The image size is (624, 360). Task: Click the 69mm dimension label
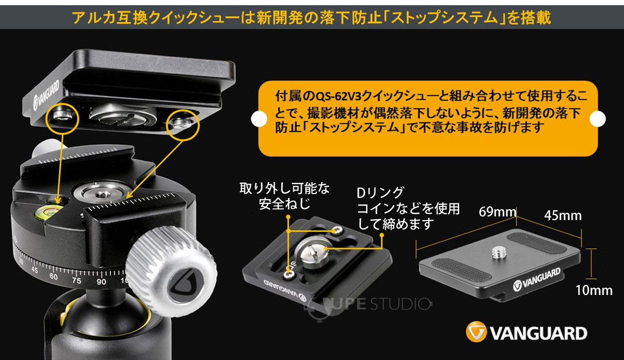(497, 212)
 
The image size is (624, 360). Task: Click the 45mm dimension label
(563, 215)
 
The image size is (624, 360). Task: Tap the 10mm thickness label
(593, 290)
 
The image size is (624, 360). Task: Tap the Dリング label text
(380, 192)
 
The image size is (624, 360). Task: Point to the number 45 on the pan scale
(35, 270)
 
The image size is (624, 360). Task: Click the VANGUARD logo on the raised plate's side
(47, 94)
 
